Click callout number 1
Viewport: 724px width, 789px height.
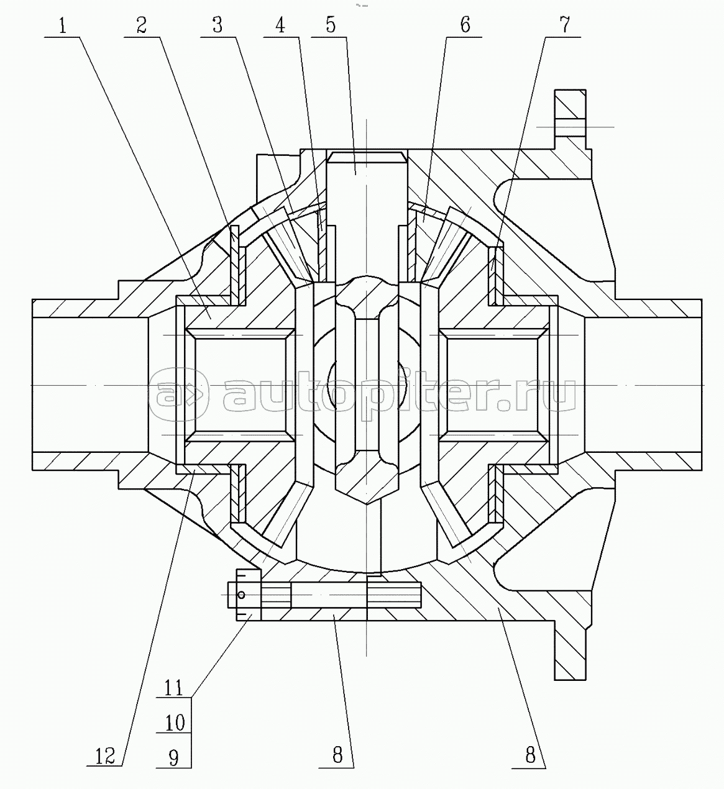coord(62,26)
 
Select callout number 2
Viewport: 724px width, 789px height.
coord(142,26)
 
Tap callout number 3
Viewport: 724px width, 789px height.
coord(218,26)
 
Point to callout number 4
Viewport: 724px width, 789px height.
coord(280,26)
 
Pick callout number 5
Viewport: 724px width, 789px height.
coord(331,26)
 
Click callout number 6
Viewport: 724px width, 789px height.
coord(465,26)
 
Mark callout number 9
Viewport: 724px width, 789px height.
coord(173,757)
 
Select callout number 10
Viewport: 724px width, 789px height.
coord(175,723)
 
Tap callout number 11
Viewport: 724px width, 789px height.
coord(173,688)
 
